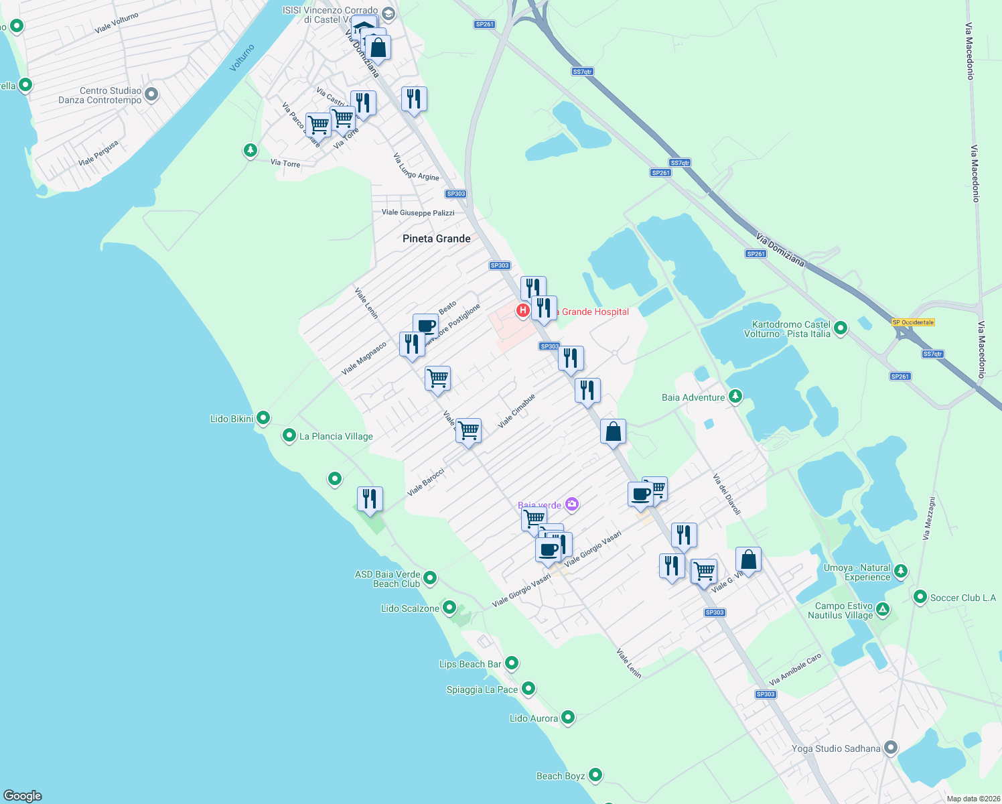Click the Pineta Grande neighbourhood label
click(x=436, y=239)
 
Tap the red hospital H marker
click(x=522, y=310)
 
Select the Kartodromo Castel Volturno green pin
click(x=841, y=328)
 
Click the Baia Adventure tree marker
click(x=735, y=397)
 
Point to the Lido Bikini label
click(x=232, y=419)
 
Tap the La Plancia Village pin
click(x=289, y=435)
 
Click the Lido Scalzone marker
click(x=449, y=608)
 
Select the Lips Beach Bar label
click(x=470, y=664)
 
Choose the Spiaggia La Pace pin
click(x=528, y=688)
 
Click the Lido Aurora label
click(x=534, y=718)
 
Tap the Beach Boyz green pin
click(x=595, y=775)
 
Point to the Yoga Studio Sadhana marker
click(x=890, y=747)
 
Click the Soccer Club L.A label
click(x=963, y=598)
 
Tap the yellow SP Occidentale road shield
click(x=913, y=322)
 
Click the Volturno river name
click(x=242, y=58)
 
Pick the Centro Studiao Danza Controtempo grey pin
click(x=151, y=94)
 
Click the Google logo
click(x=23, y=795)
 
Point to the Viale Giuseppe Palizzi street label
click(x=418, y=212)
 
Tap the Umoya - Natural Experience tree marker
click(x=901, y=571)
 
